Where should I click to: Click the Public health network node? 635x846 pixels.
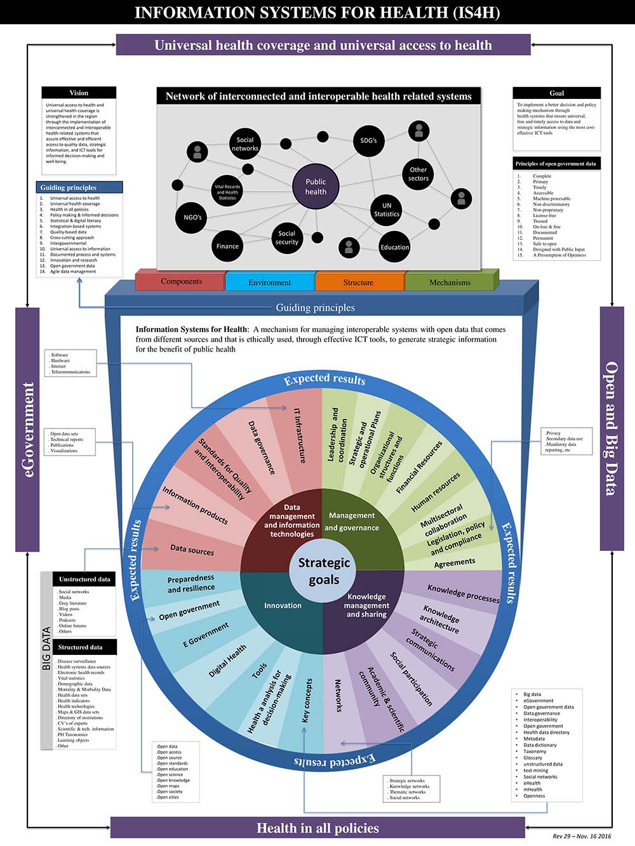point(316,187)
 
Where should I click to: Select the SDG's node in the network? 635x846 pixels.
point(368,140)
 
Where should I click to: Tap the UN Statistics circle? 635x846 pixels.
point(387,210)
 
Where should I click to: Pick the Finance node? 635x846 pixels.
point(227,246)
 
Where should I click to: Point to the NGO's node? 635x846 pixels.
point(192,218)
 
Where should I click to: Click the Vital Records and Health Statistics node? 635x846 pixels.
point(227,192)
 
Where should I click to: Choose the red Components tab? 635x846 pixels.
point(181,281)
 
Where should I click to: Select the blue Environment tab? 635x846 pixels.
point(270,282)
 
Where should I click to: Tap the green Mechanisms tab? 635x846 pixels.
point(450,282)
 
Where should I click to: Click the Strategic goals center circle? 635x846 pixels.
point(324,571)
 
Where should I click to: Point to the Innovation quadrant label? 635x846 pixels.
point(283,605)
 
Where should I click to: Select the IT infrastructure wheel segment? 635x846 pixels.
point(300,435)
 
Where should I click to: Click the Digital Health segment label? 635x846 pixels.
point(227,661)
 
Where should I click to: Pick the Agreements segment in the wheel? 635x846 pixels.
point(454,562)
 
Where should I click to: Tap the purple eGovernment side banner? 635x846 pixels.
point(28,429)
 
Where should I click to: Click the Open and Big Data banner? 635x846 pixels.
point(612,428)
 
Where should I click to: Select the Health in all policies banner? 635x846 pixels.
point(317,828)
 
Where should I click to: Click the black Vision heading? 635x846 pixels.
point(79,93)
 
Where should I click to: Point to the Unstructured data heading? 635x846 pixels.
point(84,579)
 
